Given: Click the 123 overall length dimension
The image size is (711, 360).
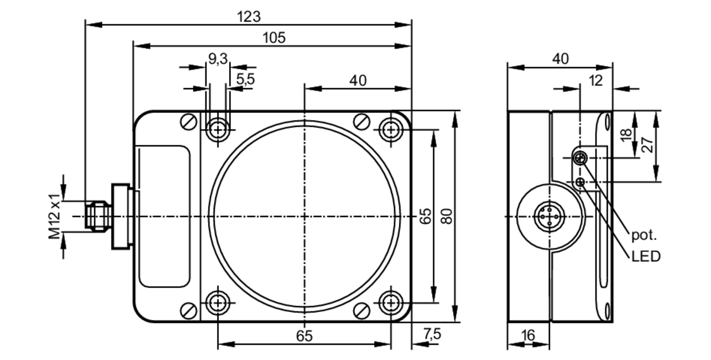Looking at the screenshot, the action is pyautogui.click(x=248, y=17).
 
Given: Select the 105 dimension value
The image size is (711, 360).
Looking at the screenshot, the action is pyautogui.click(x=274, y=38).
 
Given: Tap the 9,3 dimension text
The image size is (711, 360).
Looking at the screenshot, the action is pyautogui.click(x=218, y=59).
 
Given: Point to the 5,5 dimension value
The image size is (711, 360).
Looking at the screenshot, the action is pyautogui.click(x=246, y=79).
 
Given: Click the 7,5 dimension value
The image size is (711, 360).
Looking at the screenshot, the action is pyautogui.click(x=432, y=334).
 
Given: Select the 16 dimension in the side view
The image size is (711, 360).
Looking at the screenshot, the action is pyautogui.click(x=528, y=335).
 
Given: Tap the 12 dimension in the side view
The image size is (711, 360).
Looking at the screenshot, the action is pyautogui.click(x=596, y=81).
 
